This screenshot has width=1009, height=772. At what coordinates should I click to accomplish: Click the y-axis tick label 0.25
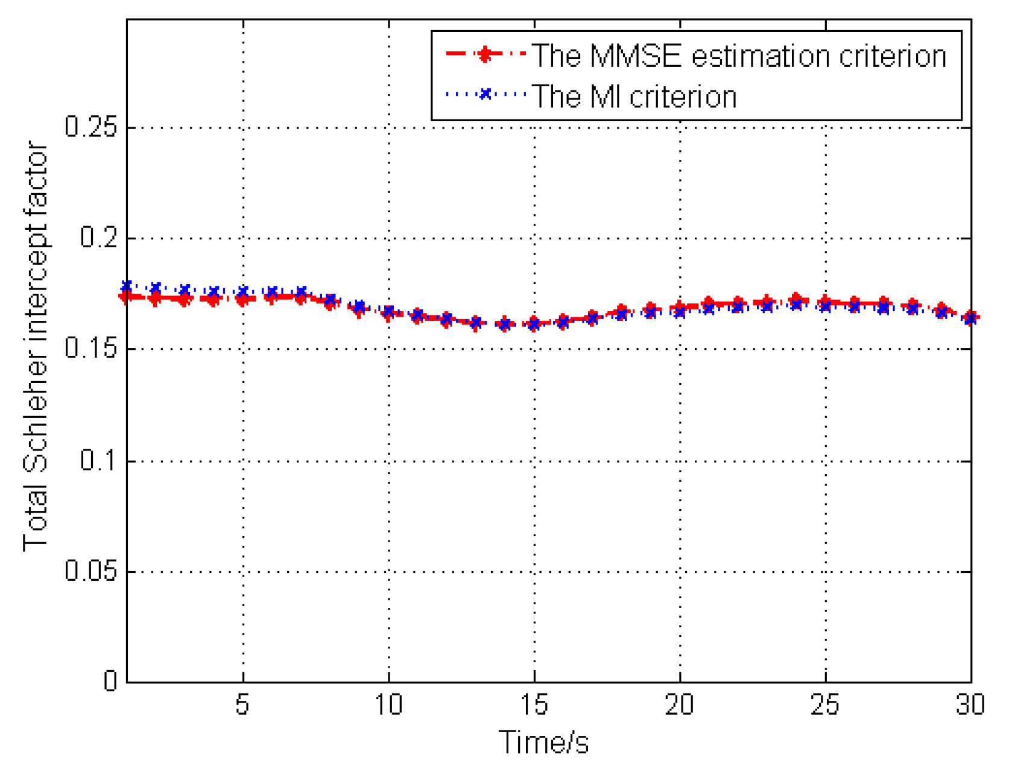click(90, 127)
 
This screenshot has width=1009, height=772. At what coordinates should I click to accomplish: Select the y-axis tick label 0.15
click(90, 348)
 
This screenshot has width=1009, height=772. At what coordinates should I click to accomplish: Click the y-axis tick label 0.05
click(90, 571)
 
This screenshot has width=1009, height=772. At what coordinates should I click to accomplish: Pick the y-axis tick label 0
click(110, 681)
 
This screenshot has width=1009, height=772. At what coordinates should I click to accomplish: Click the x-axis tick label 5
click(242, 704)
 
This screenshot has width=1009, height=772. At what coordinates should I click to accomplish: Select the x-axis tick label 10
click(388, 704)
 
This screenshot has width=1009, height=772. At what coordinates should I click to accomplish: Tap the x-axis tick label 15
click(534, 704)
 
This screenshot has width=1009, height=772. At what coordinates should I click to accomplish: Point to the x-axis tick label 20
click(680, 704)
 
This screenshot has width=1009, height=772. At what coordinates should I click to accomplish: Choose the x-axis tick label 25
click(825, 704)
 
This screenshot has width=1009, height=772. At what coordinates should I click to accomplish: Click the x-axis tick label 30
click(970, 704)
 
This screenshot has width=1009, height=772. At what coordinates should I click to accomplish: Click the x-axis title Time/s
click(543, 742)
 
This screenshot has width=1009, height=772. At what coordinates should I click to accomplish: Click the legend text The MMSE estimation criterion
click(739, 56)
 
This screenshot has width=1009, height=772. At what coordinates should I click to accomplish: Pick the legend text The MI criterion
click(634, 96)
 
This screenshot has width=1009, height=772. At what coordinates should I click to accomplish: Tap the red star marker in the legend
click(484, 55)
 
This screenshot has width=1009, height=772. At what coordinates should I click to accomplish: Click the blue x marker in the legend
click(484, 95)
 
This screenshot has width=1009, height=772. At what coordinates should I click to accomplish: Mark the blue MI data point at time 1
click(127, 286)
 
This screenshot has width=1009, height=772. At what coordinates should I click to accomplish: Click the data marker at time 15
click(534, 324)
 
